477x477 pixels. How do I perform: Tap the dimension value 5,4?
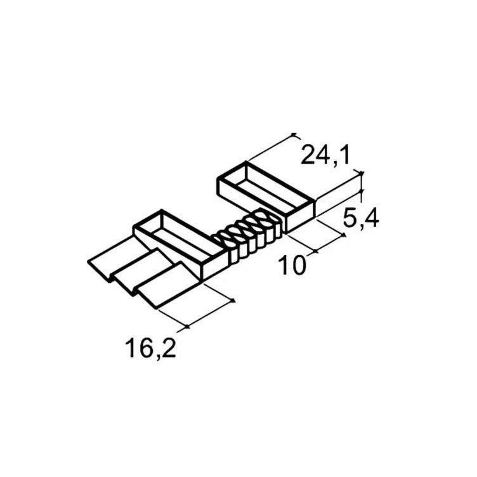coord(361,218)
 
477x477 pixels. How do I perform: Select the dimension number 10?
coord(292,265)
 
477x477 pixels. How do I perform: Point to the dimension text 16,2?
coord(150,348)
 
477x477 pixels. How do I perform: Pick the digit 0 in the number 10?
coord(298,265)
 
